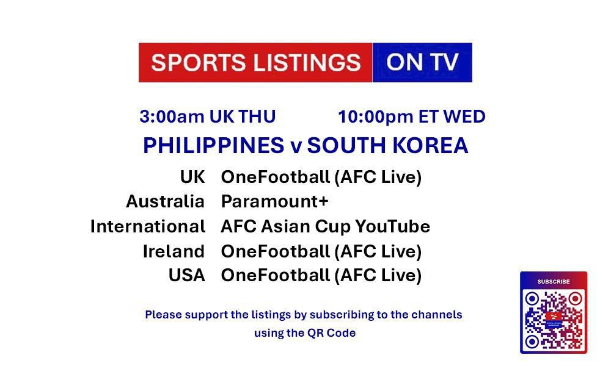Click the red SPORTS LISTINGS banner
point(255,62)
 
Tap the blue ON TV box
point(422,62)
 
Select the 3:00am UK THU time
point(208,116)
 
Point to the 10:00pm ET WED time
point(411,116)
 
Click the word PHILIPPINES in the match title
point(213,146)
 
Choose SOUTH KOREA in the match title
point(387,146)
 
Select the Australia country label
point(165,201)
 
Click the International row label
point(147,226)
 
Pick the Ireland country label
point(174,251)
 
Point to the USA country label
point(186,276)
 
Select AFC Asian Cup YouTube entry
point(325,226)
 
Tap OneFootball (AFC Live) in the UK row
point(321,178)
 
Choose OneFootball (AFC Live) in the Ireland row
point(321,251)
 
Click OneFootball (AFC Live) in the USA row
point(321,276)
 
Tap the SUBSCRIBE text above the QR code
point(553,282)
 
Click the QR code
point(553,318)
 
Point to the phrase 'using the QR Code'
point(305,333)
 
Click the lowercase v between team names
point(295,146)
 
